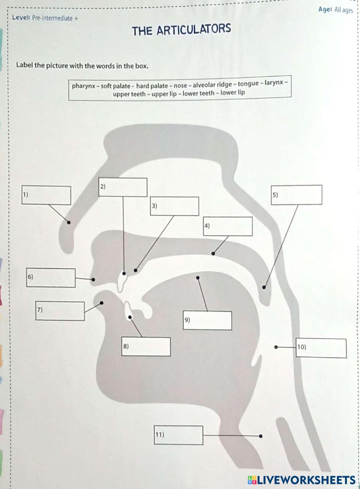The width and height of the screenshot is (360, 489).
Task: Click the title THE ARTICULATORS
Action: [x=181, y=30]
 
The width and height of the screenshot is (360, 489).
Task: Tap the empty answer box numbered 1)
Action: [x=46, y=195]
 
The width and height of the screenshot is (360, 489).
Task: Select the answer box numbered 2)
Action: [x=123, y=187]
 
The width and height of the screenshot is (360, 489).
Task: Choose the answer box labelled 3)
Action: [x=175, y=206]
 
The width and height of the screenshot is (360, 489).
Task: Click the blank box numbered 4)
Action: [x=228, y=227]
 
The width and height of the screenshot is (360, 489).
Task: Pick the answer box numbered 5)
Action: [x=296, y=195]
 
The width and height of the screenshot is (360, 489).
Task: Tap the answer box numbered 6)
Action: [x=51, y=278]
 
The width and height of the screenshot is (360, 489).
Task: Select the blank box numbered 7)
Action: [x=60, y=311]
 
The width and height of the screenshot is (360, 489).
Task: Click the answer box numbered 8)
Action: [x=146, y=347]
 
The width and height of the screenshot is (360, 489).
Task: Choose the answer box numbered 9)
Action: [x=207, y=321]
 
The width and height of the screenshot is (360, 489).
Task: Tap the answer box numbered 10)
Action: [x=321, y=348]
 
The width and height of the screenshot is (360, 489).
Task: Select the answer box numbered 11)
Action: [x=179, y=435]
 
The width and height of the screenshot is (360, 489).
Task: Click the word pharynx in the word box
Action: [x=83, y=86]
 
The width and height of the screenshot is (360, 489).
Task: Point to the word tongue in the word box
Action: [x=248, y=84]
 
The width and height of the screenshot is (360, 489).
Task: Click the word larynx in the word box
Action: [x=274, y=83]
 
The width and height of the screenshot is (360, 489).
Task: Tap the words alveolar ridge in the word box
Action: [x=212, y=85]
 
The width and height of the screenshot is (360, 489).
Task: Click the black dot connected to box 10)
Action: [x=276, y=347]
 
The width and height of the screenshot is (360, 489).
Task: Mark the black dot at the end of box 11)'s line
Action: [x=260, y=436]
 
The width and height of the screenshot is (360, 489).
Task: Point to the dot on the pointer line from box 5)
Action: [x=264, y=287]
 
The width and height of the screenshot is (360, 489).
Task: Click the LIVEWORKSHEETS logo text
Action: [x=306, y=480]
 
